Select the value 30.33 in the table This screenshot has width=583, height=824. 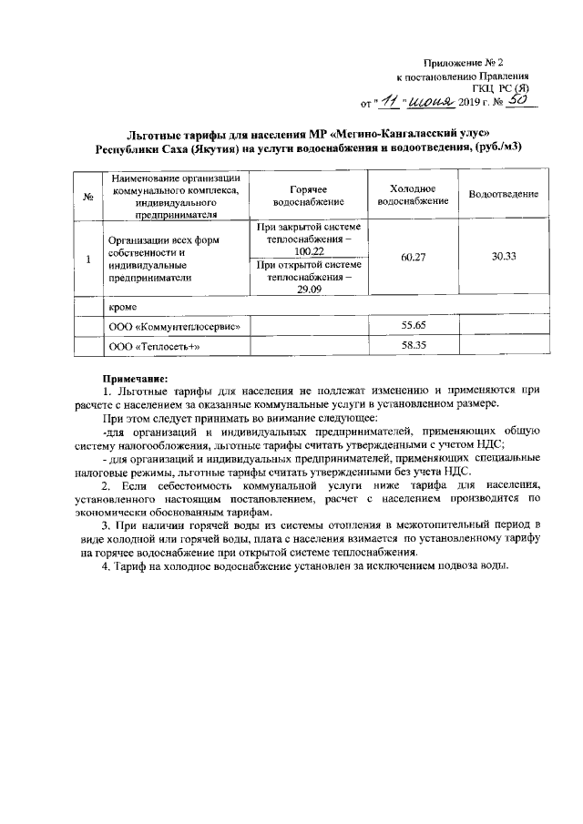(x=504, y=258)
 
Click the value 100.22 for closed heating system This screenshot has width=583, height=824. (x=309, y=250)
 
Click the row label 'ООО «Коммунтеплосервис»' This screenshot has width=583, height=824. (x=174, y=326)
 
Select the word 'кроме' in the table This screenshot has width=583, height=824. (x=124, y=307)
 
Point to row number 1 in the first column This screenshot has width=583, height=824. (x=87, y=259)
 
